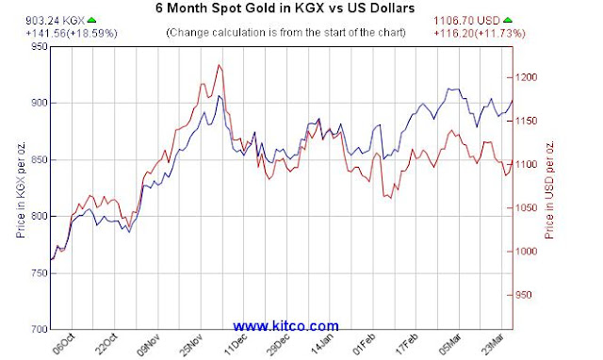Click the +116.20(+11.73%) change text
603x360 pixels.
click(481, 32)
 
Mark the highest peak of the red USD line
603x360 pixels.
click(220, 65)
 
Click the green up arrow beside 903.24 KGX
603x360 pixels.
click(92, 19)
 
